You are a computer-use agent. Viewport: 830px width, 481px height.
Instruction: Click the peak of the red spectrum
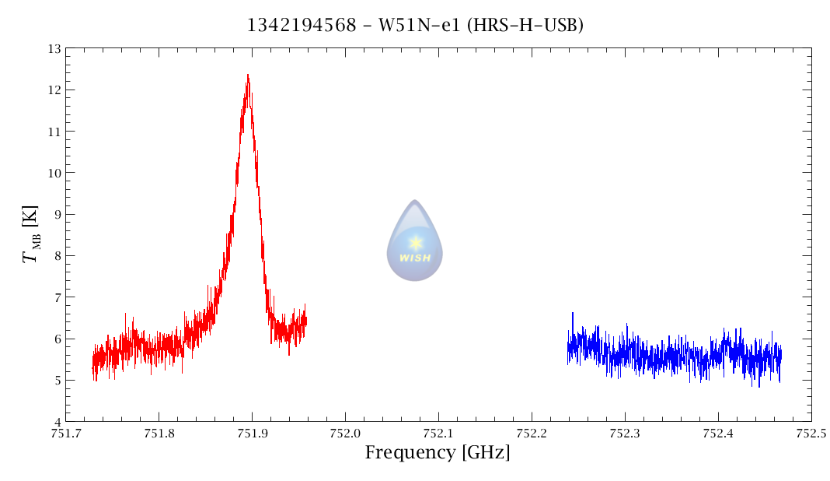[x=248, y=75]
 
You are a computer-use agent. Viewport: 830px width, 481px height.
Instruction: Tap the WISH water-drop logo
[x=415, y=240]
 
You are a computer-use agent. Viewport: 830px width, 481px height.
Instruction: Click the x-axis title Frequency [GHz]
[x=438, y=452]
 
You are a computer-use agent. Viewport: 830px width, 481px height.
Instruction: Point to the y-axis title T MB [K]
[x=31, y=235]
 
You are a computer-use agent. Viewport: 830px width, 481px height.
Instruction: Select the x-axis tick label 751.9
[x=251, y=434]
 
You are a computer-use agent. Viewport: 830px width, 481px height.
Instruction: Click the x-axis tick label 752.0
[x=344, y=434]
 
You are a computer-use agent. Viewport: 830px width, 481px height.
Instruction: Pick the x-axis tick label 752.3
[x=624, y=434]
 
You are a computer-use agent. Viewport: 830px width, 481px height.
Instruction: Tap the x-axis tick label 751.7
[x=65, y=434]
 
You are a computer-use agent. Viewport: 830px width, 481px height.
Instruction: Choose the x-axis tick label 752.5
[x=811, y=434]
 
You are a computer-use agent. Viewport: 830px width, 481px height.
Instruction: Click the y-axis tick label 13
[x=54, y=49]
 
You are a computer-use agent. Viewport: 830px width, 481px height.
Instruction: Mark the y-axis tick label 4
[x=57, y=422]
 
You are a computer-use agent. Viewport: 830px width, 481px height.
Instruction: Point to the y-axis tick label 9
[x=57, y=215]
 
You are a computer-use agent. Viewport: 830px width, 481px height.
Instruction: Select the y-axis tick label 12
[x=54, y=90]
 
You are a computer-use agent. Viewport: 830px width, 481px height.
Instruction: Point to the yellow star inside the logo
[x=416, y=243]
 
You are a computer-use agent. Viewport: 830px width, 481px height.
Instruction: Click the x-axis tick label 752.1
[x=438, y=434]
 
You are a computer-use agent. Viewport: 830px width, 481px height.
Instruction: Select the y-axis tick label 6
[x=57, y=339]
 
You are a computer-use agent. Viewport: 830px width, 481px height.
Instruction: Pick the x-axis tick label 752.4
[x=717, y=434]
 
